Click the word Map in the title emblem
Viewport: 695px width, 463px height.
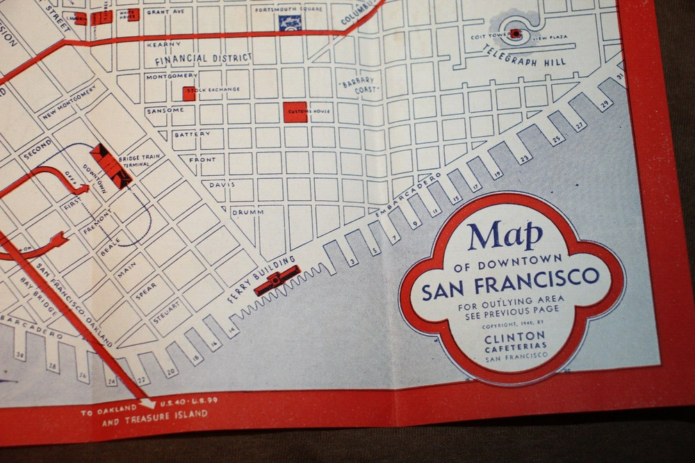coord(505,236)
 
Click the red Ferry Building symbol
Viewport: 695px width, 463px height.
coord(277,279)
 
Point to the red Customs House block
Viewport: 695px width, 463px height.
coord(295,112)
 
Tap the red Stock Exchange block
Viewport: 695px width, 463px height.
coord(189,93)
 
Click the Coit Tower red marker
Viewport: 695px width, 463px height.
coord(515,33)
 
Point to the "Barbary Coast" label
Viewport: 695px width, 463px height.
coord(359,86)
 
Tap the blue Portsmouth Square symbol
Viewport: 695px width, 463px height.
coord(290,22)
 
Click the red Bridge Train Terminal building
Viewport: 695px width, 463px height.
coord(111,165)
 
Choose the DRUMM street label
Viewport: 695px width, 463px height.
coord(244,211)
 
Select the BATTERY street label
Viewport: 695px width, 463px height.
coord(192,134)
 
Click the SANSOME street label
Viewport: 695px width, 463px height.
coord(165,111)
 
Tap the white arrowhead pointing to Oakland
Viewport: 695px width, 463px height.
coord(148,403)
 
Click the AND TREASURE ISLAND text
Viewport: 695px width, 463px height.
coord(154,414)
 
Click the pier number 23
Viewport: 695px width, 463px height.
coord(523,159)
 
